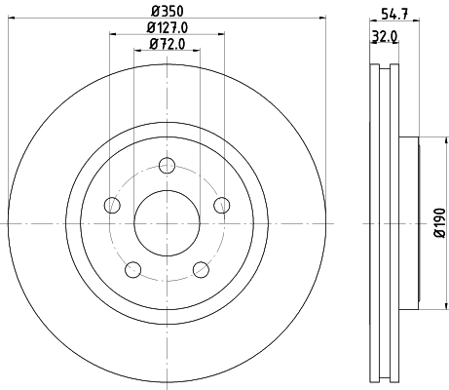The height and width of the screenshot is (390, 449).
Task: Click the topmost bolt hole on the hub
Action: pos(167,165)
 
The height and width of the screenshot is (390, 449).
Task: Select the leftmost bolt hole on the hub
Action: pos(113,205)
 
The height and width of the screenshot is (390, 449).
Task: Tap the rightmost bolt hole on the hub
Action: pos(221,205)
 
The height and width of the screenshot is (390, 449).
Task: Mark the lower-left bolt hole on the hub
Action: pos(133,269)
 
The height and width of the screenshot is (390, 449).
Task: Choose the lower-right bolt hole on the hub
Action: pos(201,269)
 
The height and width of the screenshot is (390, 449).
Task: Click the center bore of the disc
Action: pos(167,222)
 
